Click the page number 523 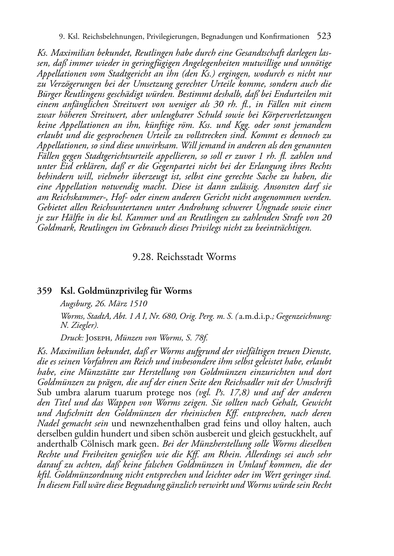click(324, 36)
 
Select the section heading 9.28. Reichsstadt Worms click(184, 257)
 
